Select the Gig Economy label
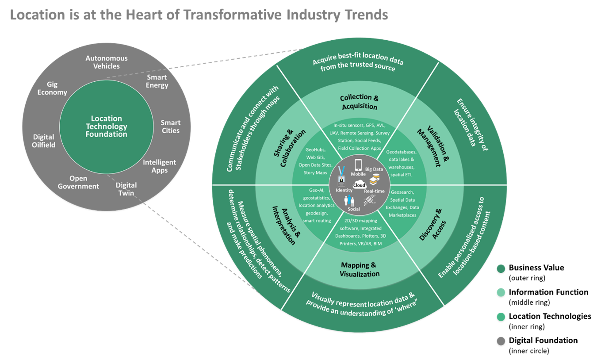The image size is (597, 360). pyautogui.click(x=52, y=88)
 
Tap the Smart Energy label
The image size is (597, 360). pyautogui.click(x=157, y=81)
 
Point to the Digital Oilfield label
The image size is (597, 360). pyautogui.click(x=43, y=141)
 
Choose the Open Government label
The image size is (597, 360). pyautogui.click(x=78, y=182)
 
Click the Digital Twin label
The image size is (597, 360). pyautogui.click(x=126, y=189)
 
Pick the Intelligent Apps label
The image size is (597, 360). pyautogui.click(x=159, y=166)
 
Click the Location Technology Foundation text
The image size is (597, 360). pyautogui.click(x=106, y=126)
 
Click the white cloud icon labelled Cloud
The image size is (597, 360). pyautogui.click(x=359, y=185)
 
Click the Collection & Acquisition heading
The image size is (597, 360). pyautogui.click(x=359, y=102)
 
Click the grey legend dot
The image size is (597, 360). pyautogui.click(x=501, y=341)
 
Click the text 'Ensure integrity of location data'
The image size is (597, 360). pyautogui.click(x=471, y=125)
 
